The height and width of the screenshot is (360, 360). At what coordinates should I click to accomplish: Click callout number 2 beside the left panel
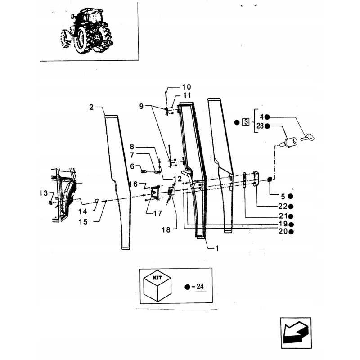(x=92, y=107)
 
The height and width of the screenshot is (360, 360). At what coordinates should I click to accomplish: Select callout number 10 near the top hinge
(x=186, y=87)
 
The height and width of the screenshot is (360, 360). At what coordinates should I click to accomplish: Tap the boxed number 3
(x=246, y=121)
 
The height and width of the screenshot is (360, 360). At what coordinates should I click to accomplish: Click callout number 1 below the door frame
(x=217, y=248)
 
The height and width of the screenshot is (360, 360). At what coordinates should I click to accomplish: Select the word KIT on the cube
(x=157, y=278)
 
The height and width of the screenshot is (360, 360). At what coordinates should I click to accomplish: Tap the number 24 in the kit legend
(x=200, y=287)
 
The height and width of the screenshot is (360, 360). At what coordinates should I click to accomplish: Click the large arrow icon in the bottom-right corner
(x=296, y=333)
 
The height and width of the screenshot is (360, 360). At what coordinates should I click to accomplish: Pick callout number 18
(x=166, y=230)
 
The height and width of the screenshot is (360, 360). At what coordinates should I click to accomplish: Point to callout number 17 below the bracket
(x=158, y=213)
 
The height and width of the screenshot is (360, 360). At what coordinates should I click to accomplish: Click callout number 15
(x=83, y=222)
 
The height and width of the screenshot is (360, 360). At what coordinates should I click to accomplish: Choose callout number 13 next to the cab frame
(x=44, y=193)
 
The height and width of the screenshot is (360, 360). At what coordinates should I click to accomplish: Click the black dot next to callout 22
(x=291, y=207)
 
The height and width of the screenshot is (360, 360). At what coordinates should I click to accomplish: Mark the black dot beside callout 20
(x=291, y=232)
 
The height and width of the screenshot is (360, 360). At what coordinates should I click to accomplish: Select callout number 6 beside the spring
(x=132, y=166)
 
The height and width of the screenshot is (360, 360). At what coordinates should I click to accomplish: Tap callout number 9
(x=141, y=106)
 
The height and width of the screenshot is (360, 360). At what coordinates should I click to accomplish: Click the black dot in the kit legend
(x=187, y=287)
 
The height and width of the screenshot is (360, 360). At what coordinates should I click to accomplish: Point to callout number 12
(x=177, y=179)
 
